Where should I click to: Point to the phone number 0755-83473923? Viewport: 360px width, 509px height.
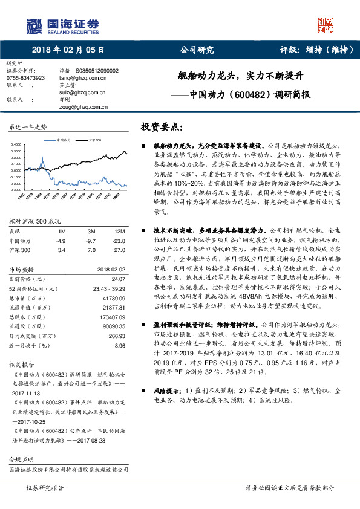(25, 78)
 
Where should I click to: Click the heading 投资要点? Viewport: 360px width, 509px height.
(160, 127)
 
